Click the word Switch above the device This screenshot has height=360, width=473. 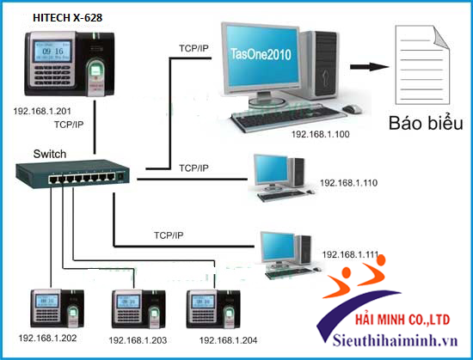(x=49, y=154)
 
